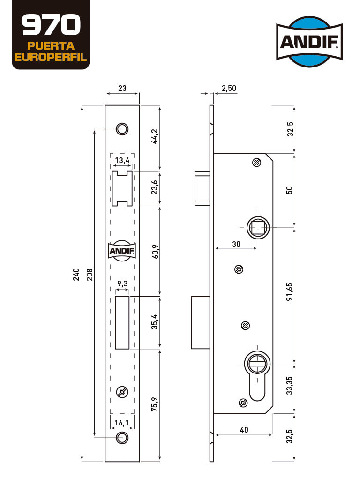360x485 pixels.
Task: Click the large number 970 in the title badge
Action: coord(51,25)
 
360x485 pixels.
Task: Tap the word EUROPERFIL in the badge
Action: coord(51,57)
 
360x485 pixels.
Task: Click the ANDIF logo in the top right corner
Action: coord(309,41)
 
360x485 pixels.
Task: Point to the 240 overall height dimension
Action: coord(76,274)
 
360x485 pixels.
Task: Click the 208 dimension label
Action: coord(90,274)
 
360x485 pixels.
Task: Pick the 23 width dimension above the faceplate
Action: coord(122,88)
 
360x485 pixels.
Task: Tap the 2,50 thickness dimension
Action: coord(229,88)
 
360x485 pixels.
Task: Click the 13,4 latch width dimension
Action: coord(122,161)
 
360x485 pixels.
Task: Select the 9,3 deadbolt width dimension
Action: coord(122,284)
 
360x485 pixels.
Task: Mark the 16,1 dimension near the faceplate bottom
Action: coord(121,423)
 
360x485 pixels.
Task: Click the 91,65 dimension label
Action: coord(289,291)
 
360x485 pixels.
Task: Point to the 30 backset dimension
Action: coord(236,244)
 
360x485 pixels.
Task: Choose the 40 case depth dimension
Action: coord(244,430)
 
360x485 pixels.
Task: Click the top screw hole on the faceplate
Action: coord(122,129)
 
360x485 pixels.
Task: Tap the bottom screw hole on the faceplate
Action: coord(122,438)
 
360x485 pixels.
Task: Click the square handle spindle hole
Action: coord(258,228)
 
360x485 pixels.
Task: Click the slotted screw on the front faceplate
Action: coord(122,392)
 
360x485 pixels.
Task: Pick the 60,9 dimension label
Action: coord(155,252)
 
